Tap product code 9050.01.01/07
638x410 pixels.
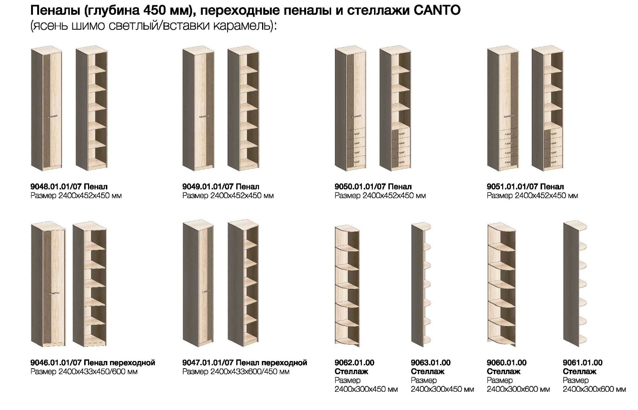pyautogui.click(x=360, y=187)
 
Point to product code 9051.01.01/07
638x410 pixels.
pyautogui.click(x=512, y=187)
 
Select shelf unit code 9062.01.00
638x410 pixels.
pyautogui.click(x=354, y=363)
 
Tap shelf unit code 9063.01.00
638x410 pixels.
pyautogui.click(x=431, y=363)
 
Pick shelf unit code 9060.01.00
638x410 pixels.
pyautogui.click(x=506, y=363)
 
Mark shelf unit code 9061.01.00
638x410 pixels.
pyautogui.click(x=583, y=363)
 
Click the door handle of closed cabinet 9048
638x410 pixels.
pyautogui.click(x=53, y=116)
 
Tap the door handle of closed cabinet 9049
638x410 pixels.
pyautogui.click(x=204, y=116)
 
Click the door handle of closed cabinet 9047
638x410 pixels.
pyautogui.click(x=206, y=291)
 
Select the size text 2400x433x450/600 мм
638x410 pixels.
pyautogui.click(x=98, y=372)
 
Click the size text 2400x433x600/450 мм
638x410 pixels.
pyautogui.click(x=250, y=372)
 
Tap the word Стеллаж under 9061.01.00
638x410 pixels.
pyautogui.click(x=579, y=372)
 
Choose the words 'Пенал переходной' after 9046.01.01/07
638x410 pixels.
pyautogui.click(x=119, y=363)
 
